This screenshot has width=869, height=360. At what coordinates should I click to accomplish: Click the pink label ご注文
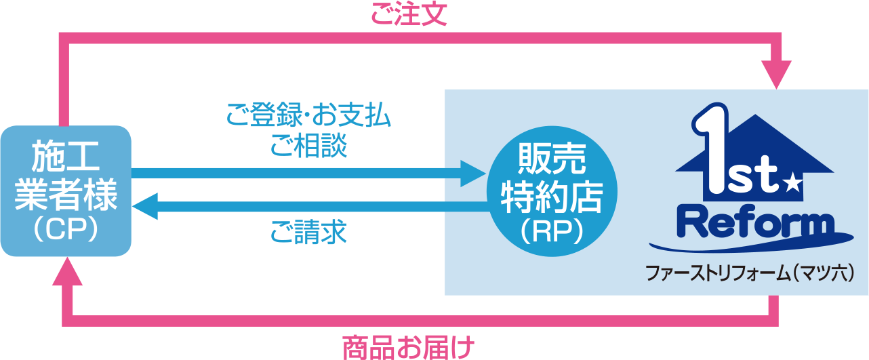point(409,14)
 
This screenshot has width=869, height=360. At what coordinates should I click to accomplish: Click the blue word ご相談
point(308,146)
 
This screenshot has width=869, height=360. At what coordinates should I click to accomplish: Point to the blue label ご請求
point(308,233)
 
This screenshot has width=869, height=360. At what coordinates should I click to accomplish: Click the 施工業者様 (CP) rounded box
point(65,191)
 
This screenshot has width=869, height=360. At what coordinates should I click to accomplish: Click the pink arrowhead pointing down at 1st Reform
point(776,74)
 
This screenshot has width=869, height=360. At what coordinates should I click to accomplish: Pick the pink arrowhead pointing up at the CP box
point(65,273)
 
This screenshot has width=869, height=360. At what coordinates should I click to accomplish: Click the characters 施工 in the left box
point(65,157)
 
